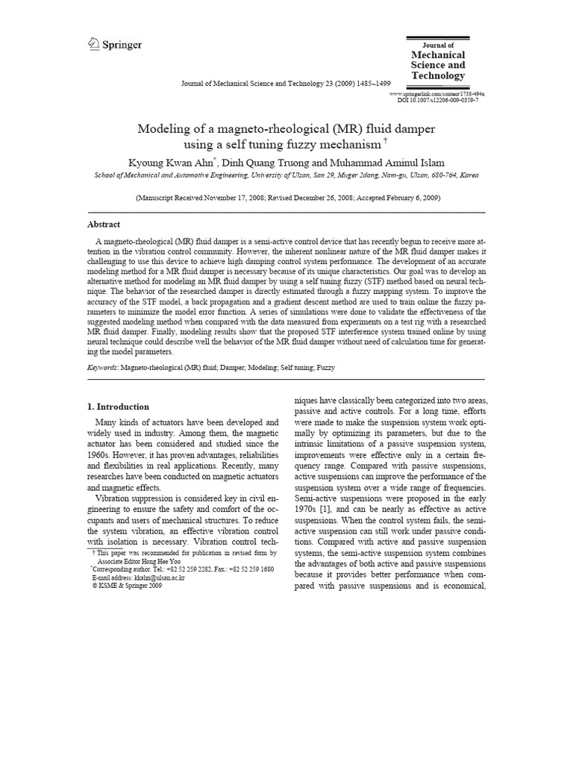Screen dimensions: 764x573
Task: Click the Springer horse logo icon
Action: tap(93, 45)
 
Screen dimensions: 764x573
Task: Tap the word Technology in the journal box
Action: tap(438, 76)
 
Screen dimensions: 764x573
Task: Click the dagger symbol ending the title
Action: tap(386, 140)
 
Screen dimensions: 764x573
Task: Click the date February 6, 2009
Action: tap(410, 198)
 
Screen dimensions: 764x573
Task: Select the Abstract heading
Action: tap(104, 224)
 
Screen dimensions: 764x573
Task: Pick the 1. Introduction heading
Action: tap(119, 407)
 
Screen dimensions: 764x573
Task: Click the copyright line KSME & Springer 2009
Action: tap(126, 586)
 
